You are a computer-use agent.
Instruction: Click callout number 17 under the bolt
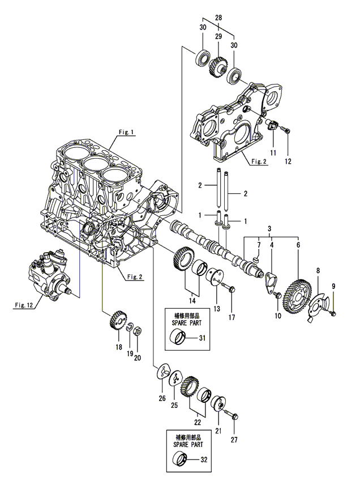click(x=232, y=317)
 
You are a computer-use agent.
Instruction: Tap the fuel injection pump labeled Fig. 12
click(x=51, y=274)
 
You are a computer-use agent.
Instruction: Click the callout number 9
click(x=333, y=286)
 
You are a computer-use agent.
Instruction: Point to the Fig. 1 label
click(x=126, y=132)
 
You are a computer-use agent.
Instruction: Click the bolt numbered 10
click(x=278, y=295)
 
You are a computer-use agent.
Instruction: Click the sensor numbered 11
click(x=271, y=126)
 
